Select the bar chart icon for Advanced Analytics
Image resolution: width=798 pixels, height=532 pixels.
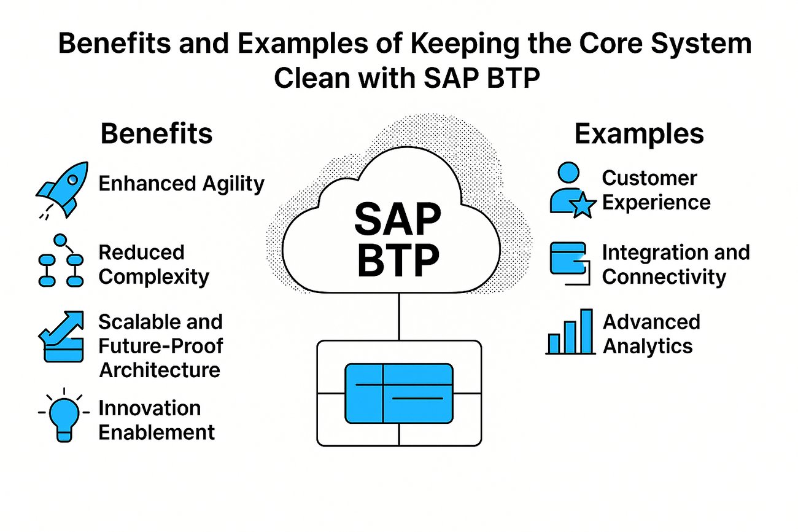point(571,333)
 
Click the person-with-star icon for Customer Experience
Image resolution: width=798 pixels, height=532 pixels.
point(571,190)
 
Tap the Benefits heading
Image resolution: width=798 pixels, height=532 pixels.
point(157,133)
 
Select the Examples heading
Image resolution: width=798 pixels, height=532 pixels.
point(639,133)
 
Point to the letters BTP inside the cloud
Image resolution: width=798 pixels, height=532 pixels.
point(398,260)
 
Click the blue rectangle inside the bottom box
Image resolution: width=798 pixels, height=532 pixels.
point(399,393)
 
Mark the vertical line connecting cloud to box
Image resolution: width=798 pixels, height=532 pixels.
point(399,316)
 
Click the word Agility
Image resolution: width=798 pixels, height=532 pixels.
point(231,184)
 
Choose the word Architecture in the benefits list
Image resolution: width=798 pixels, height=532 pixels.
point(160,370)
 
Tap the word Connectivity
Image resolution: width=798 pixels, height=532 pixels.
point(664,276)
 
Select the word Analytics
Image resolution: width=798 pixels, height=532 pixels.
point(648,346)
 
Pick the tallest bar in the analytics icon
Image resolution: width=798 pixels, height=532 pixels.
point(587,332)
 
